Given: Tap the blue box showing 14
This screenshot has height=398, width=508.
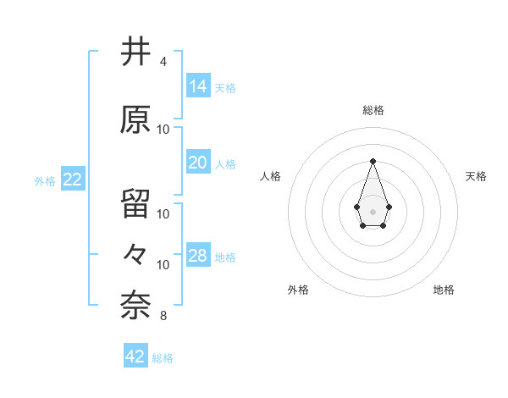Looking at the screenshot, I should [x=198, y=86].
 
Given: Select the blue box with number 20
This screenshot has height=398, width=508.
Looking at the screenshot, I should [x=198, y=162].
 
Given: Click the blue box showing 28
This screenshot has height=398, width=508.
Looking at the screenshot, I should [x=198, y=255].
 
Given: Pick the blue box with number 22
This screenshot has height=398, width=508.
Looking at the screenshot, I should [x=72, y=179].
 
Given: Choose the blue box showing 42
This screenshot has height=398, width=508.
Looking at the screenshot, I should [x=135, y=357].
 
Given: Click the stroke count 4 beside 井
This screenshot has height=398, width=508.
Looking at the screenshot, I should [x=163, y=62].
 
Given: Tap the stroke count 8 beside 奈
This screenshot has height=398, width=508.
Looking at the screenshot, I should [x=163, y=317].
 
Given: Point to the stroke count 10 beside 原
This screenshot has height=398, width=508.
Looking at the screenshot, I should [x=163, y=130].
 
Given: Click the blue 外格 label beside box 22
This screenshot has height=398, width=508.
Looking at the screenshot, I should [x=45, y=180].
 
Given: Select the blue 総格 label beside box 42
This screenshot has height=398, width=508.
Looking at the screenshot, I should [x=163, y=358].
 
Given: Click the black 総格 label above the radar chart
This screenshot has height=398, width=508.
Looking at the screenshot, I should [x=373, y=110].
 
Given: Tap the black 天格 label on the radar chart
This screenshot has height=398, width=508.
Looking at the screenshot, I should [x=476, y=176].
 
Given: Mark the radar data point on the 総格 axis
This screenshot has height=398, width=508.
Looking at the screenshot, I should [x=373, y=161].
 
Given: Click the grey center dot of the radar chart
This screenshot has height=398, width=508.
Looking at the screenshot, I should [x=373, y=211].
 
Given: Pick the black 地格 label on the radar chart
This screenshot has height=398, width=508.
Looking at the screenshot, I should [x=444, y=290].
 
